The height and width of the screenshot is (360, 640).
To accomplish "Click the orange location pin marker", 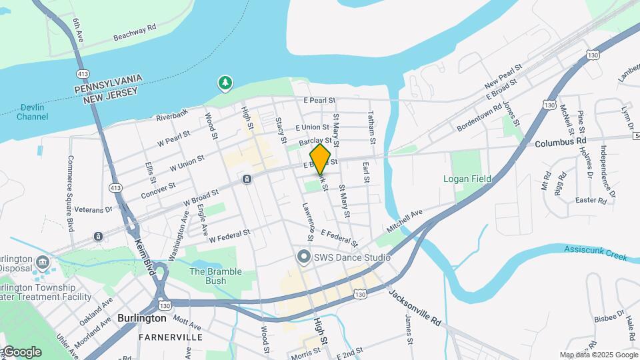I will pos(321,159).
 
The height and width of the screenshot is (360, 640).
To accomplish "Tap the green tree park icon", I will pos(226,83).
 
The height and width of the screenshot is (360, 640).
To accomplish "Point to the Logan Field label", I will pos(468,179).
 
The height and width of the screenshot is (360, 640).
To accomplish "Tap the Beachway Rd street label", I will pos(134,32).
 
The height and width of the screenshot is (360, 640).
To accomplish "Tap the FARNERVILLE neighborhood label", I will pos(171,337).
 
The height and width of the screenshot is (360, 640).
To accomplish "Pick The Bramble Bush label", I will pos(216,276).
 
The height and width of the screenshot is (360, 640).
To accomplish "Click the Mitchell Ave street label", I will pos(405,223).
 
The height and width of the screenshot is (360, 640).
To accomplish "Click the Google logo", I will pos(21,351).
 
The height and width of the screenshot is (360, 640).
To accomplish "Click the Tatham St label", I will pos(372,127).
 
